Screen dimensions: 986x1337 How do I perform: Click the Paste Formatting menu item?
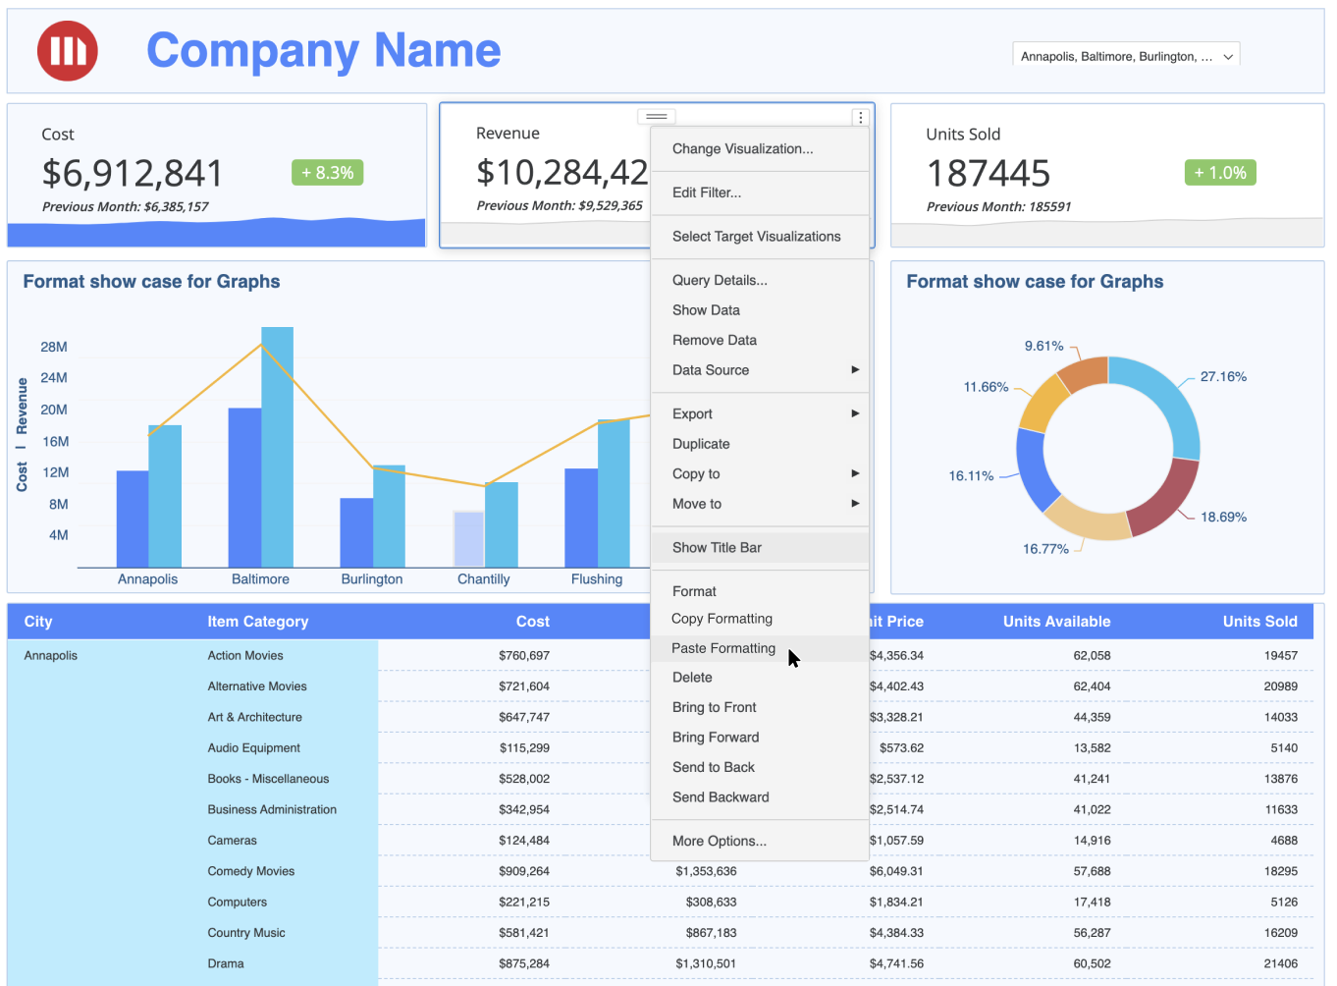click(x=723, y=648)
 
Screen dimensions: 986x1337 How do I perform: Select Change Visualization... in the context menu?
click(x=742, y=149)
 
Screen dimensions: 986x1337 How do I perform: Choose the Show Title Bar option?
click(x=717, y=548)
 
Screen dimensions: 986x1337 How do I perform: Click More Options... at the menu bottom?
click(x=719, y=842)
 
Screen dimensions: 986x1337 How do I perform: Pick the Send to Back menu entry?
click(x=714, y=768)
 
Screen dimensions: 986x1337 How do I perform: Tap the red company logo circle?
click(x=68, y=50)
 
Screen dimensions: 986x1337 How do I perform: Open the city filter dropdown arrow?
click(x=1228, y=57)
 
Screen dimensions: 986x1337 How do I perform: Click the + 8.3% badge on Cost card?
click(x=328, y=173)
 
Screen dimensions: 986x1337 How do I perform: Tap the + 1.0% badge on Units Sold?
click(x=1220, y=173)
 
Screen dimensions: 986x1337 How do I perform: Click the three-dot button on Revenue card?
click(x=861, y=118)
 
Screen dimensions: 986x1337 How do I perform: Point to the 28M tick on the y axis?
click(x=54, y=348)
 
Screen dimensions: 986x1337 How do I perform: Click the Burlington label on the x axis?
click(x=372, y=579)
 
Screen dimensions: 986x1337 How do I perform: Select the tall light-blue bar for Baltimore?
click(x=277, y=447)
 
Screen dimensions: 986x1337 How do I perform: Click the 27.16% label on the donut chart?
click(x=1223, y=377)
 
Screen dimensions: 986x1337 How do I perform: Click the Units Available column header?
click(x=1056, y=622)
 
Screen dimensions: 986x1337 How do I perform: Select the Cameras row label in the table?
click(x=233, y=841)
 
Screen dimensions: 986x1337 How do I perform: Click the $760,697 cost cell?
click(x=524, y=656)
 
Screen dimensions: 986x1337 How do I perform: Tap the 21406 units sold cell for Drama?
click(x=1280, y=964)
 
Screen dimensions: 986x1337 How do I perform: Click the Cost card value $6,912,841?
click(x=133, y=174)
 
